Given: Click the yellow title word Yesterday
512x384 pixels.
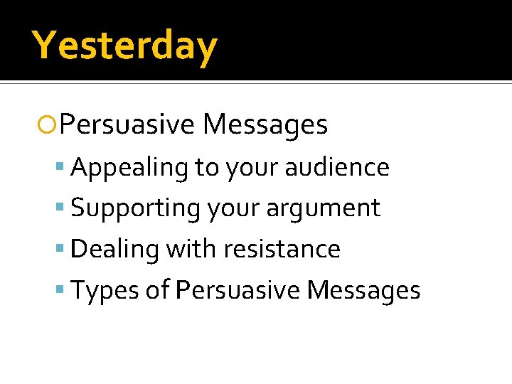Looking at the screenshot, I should [124, 46].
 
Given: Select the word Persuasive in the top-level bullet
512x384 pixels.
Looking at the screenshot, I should [127, 125].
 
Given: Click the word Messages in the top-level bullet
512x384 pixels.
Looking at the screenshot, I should [265, 125].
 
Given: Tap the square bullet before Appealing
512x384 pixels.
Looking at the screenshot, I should [64, 168].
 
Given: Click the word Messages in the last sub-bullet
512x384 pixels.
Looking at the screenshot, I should [364, 291].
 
